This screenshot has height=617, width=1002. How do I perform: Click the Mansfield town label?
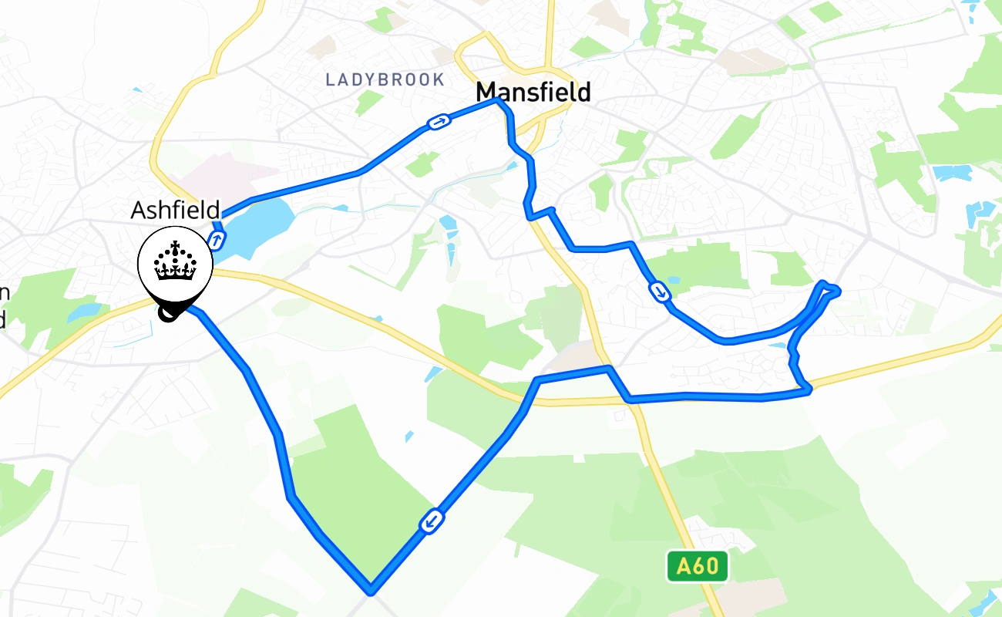click(x=533, y=93)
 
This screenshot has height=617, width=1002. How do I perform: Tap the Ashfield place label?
click(x=175, y=210)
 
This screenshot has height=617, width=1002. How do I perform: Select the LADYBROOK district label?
click(x=385, y=79)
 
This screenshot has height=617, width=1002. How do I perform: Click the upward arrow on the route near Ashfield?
click(x=217, y=241)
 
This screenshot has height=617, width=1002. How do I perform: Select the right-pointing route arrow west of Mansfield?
click(x=438, y=122)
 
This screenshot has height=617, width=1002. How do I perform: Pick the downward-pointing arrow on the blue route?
click(x=660, y=291)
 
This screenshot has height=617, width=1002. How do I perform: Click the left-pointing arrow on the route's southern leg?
click(x=432, y=522)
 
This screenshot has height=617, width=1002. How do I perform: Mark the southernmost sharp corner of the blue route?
click(x=371, y=591)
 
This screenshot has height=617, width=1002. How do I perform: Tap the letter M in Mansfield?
click(x=486, y=93)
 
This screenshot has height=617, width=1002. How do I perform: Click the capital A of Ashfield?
click(x=138, y=210)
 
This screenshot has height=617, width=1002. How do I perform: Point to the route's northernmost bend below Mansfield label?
click(x=499, y=100)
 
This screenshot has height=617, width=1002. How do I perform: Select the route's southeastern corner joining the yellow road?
click(x=807, y=391)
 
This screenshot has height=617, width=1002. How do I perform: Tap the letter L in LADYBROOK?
click(x=331, y=79)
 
